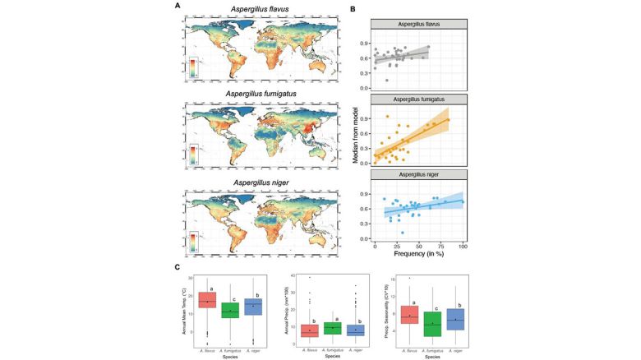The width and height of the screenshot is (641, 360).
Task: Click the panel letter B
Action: (353, 7)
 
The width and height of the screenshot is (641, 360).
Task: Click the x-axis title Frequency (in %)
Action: (418, 256)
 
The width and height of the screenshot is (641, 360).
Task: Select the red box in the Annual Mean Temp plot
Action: (207, 301)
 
